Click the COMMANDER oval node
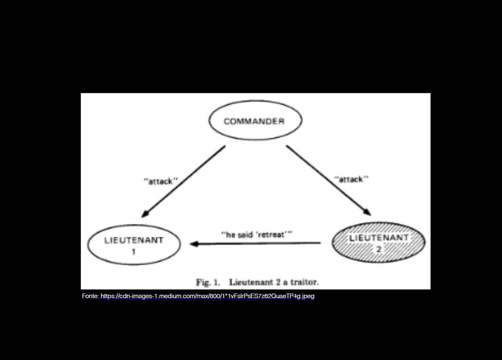255,122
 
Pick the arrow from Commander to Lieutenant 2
328,180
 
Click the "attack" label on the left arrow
161,182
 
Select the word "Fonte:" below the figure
90,296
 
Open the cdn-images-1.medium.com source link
207,296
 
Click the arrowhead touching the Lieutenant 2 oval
367,212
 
